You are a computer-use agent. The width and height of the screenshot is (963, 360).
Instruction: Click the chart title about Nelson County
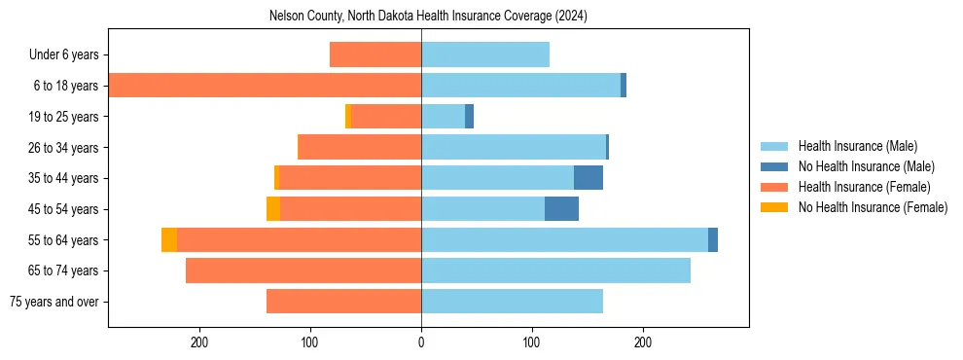[x=428, y=17]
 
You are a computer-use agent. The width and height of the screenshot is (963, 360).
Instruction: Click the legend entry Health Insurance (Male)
[x=857, y=146]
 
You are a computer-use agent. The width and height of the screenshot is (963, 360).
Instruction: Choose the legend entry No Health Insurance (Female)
[x=873, y=207]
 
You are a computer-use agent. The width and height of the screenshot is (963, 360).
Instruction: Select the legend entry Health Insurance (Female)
[x=864, y=187]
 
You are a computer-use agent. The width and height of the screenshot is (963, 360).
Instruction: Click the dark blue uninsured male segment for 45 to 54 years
[x=561, y=209]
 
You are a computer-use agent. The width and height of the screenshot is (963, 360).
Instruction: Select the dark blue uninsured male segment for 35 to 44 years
[x=588, y=178]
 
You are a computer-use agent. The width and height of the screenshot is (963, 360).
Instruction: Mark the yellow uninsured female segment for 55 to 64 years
[x=169, y=239]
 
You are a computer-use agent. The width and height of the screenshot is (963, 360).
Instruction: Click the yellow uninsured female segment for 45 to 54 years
[x=273, y=209]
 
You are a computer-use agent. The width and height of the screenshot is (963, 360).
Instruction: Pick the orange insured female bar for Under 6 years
[x=375, y=54]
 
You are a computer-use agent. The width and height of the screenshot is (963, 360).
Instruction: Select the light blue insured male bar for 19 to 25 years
[x=443, y=117]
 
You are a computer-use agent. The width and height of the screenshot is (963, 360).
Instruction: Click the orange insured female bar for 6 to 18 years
[x=265, y=86]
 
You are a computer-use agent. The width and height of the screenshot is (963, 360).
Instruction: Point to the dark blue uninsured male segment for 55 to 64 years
[x=713, y=239]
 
